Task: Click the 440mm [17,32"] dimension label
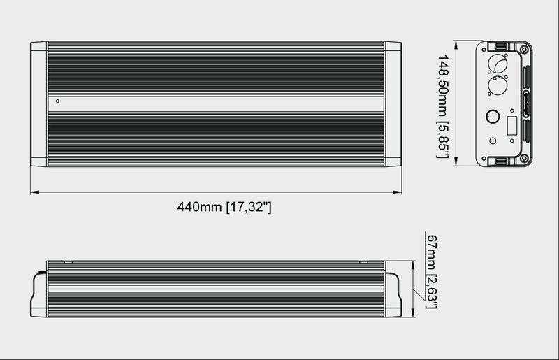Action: pos(224,207)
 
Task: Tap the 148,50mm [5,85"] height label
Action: pos(442,106)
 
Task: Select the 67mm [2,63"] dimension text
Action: pos(431,271)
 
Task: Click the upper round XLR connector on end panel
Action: pos(499,64)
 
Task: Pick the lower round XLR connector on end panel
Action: pos(499,87)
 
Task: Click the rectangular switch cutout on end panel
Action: pos(511,127)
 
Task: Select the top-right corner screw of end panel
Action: pos(524,50)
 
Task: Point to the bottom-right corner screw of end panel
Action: pos(524,159)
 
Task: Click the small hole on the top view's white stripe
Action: pos(57,101)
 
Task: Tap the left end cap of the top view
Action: pos(38,104)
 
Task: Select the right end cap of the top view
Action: pos(393,104)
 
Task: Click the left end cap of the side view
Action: pos(38,294)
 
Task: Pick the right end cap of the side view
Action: pos(393,294)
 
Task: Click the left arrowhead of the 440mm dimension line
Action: pos(33,192)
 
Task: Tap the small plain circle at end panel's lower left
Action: pos(493,141)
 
